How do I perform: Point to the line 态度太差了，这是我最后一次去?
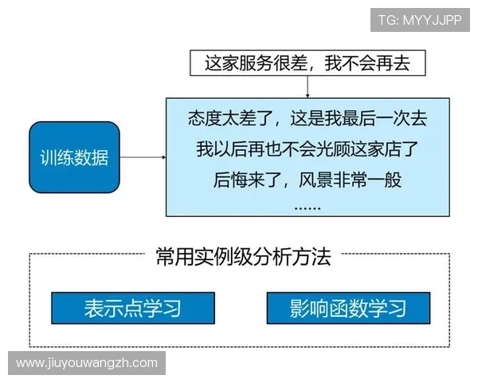tap(308, 120)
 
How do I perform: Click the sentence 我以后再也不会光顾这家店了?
tap(308, 149)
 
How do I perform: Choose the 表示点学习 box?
tap(132, 308)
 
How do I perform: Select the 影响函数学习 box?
tap(348, 308)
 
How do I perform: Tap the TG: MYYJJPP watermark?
tap(420, 20)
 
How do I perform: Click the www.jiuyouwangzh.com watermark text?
tap(87, 363)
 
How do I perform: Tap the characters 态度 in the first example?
tap(205, 120)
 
